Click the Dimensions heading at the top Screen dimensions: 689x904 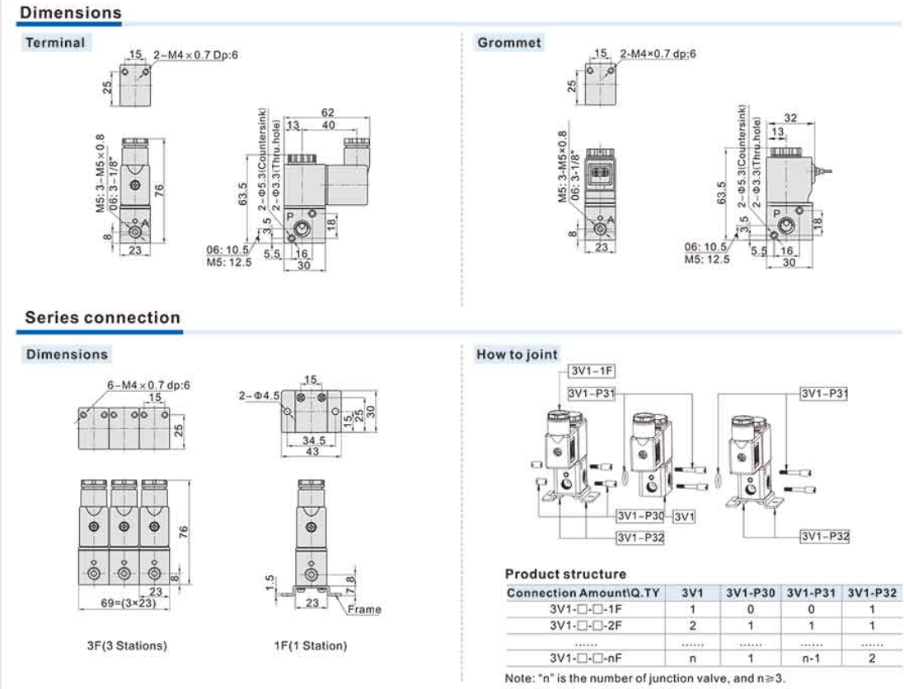click(x=70, y=13)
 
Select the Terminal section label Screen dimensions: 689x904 click(x=55, y=42)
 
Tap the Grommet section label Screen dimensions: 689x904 click(x=508, y=42)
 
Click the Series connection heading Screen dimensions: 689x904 click(x=102, y=318)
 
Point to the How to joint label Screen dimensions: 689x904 click(x=517, y=355)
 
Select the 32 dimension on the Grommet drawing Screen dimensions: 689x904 click(x=790, y=118)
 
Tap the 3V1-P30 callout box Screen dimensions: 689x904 click(x=640, y=516)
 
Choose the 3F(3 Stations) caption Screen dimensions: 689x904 click(x=126, y=645)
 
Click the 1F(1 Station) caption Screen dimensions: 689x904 click(x=311, y=645)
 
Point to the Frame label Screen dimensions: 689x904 click(x=363, y=609)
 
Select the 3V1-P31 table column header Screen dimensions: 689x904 click(x=811, y=593)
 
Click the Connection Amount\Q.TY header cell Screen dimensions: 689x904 click(x=583, y=593)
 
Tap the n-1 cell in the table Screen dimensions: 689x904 click(x=811, y=659)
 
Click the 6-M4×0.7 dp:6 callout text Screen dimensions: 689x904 click(x=148, y=384)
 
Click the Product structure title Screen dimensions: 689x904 click(x=565, y=574)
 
